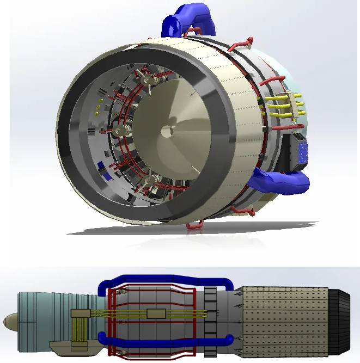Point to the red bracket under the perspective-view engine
tap(194, 224)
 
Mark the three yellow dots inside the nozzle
tap(98, 107)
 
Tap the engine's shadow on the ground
tap(218, 229)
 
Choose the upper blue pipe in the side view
tap(163, 279)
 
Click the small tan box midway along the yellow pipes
tap(156, 314)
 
